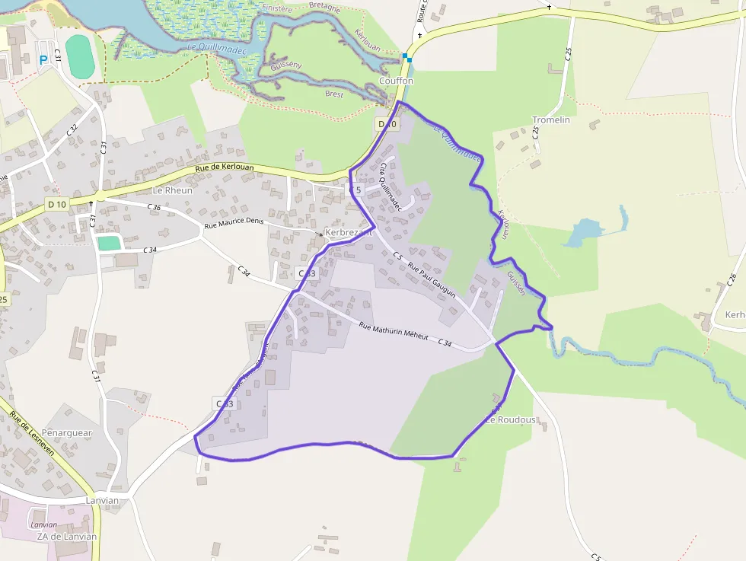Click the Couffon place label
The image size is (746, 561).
[396, 81]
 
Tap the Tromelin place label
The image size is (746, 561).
[551, 120]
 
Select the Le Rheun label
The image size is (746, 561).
[173, 190]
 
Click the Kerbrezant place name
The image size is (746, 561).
[349, 232]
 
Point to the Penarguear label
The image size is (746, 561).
[67, 433]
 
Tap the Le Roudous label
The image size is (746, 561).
[511, 419]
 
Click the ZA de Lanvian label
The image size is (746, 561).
[67, 536]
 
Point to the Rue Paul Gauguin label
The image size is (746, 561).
[432, 279]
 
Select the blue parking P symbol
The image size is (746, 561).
[43, 59]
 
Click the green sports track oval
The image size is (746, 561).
[79, 56]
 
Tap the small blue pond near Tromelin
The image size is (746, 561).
[583, 231]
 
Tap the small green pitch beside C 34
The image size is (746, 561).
[110, 243]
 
